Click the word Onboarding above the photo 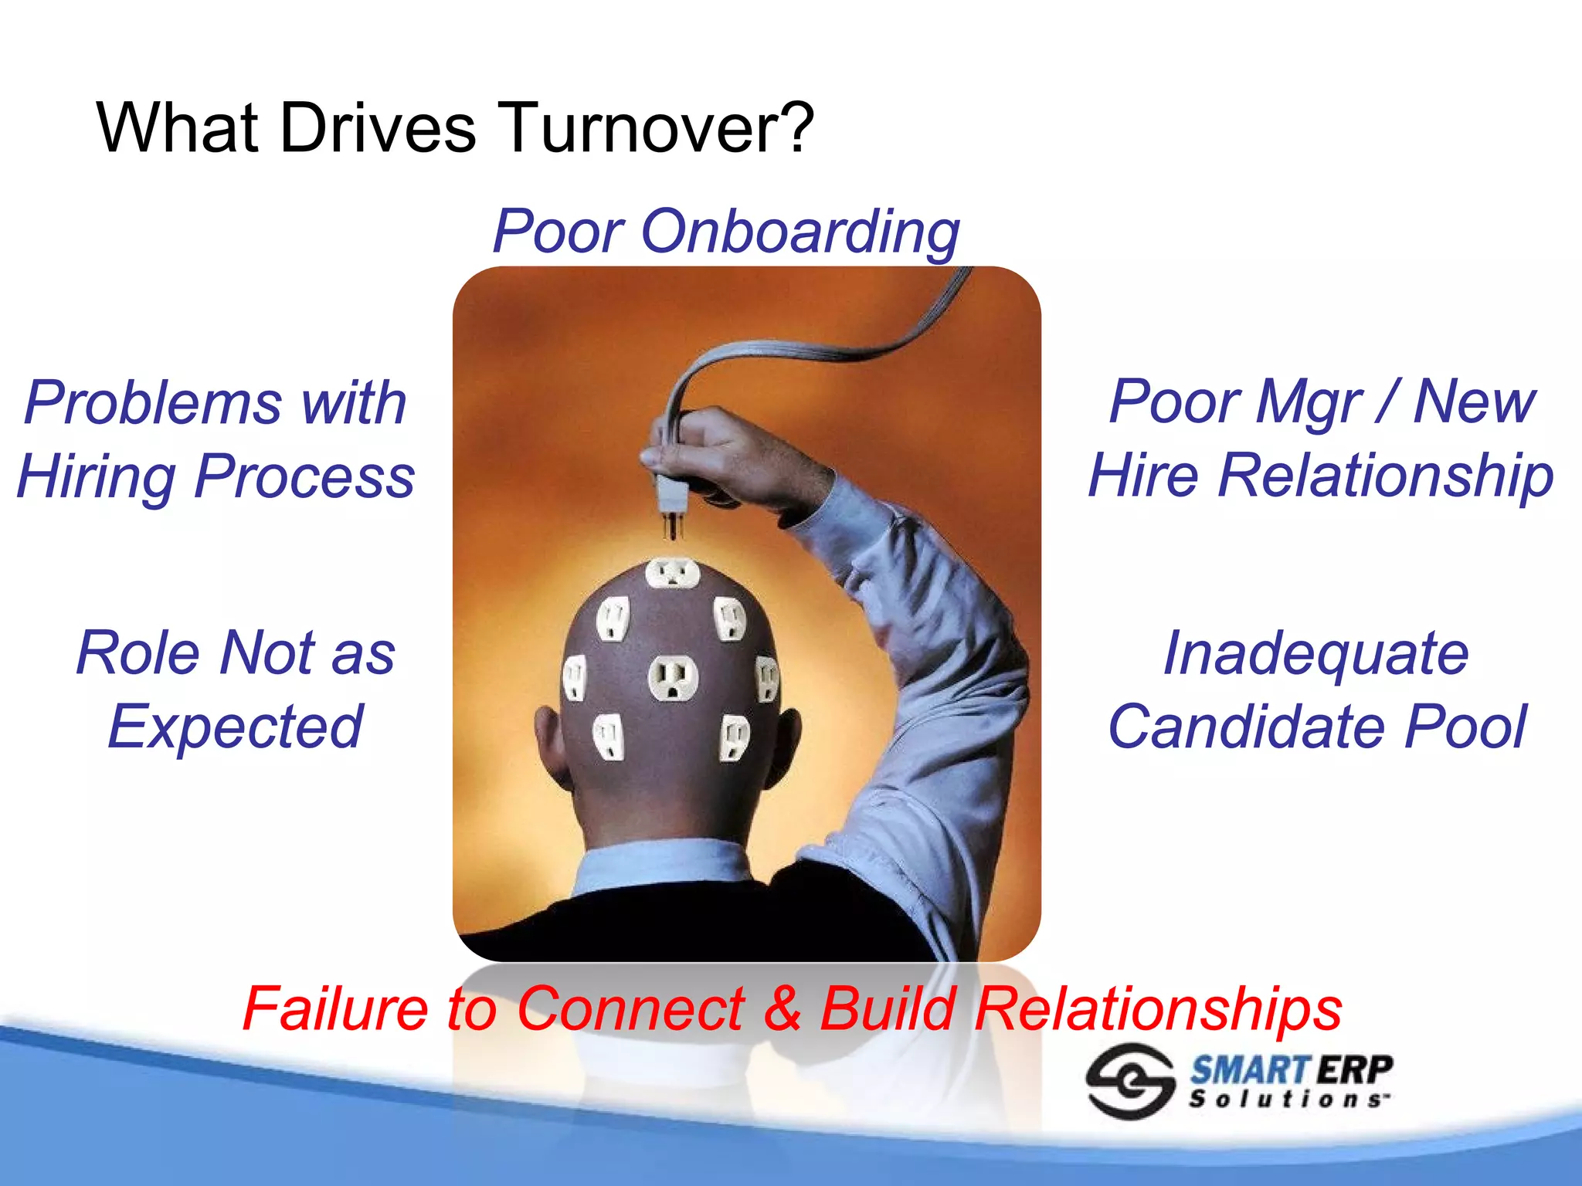[x=800, y=231]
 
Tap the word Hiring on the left [x=97, y=476]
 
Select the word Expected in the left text [x=235, y=727]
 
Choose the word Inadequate [x=1316, y=653]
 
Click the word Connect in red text [x=630, y=1008]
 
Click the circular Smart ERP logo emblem [x=1130, y=1080]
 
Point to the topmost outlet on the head [x=672, y=573]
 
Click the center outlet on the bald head [x=673, y=678]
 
